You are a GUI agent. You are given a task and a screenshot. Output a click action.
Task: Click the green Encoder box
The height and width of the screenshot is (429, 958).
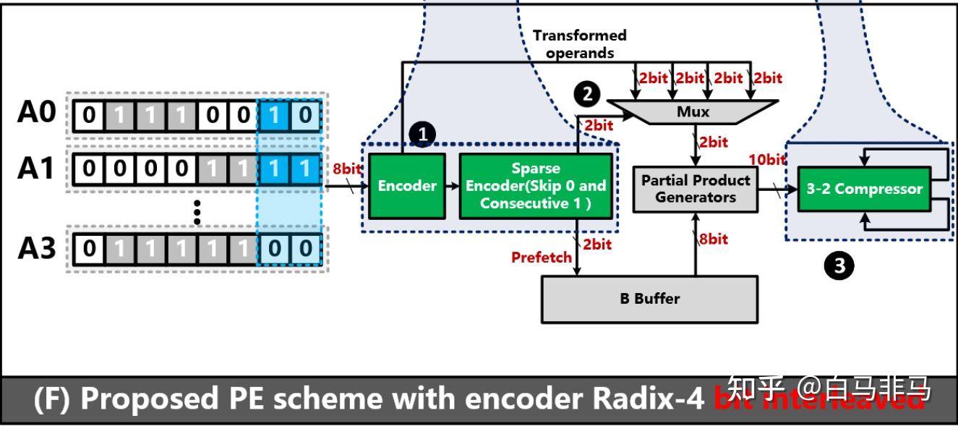pos(407,186)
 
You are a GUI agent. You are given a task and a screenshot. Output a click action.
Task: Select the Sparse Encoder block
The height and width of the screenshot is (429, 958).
pos(536,186)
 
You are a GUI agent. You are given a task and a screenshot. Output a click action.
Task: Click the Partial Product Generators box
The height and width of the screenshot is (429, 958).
pos(695,189)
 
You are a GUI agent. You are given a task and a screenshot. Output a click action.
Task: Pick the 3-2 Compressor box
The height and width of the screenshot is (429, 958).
pos(864,189)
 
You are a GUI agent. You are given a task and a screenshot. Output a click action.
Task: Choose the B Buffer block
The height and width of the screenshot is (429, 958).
pos(649,298)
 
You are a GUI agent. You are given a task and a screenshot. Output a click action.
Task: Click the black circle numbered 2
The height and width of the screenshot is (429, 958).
pos(586,93)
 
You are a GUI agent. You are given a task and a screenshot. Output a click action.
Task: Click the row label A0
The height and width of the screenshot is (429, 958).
pos(36,114)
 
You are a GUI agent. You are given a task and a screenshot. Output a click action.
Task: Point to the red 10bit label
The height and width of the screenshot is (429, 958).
pos(767,159)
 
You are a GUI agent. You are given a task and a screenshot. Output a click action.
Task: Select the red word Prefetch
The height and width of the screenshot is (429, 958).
pos(542,257)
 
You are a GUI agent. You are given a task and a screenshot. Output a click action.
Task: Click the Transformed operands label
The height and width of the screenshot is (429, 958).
pos(579,43)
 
